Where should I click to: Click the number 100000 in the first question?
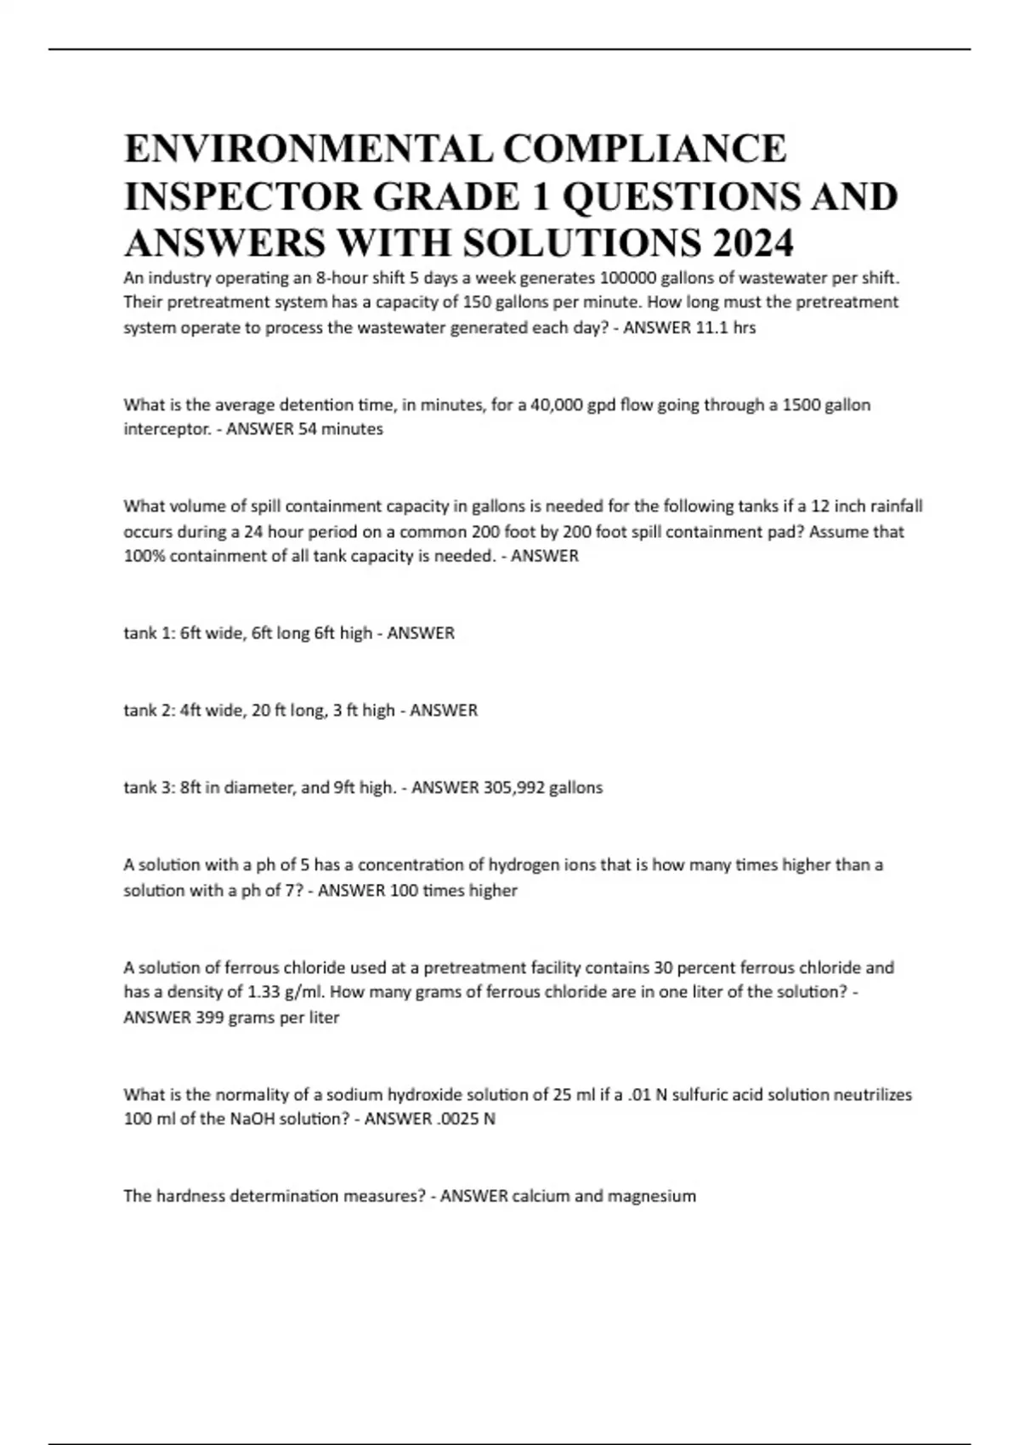(632, 278)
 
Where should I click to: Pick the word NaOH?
(252, 1119)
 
